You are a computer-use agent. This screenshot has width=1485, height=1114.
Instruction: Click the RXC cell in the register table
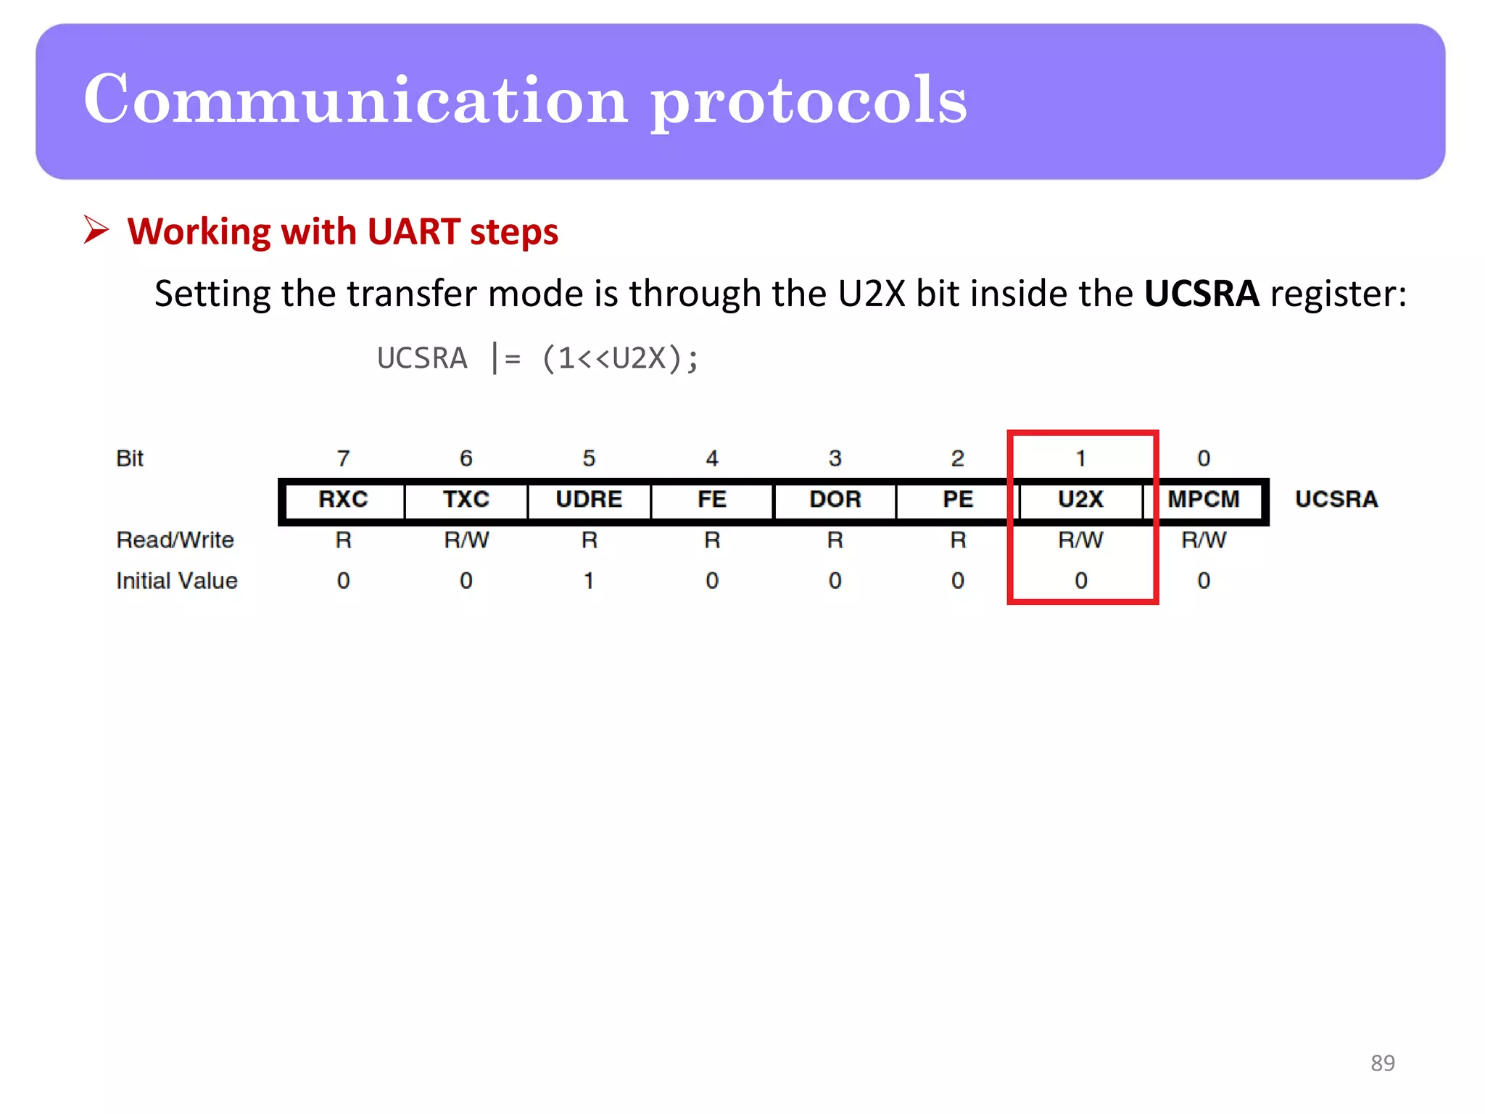[x=344, y=500]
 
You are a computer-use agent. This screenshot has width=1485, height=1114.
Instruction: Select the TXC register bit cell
[x=466, y=500]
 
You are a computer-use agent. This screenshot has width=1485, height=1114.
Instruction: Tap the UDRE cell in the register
[x=589, y=500]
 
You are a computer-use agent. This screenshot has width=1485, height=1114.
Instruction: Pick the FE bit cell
[x=712, y=500]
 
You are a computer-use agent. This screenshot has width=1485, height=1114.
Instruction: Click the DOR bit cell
[x=835, y=500]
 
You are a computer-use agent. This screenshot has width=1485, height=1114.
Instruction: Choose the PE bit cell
[x=958, y=500]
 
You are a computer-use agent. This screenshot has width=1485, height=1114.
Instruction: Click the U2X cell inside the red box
[x=1080, y=500]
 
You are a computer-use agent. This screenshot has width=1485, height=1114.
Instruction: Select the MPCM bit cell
[x=1204, y=500]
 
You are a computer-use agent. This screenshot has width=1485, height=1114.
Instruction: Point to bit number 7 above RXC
[x=344, y=458]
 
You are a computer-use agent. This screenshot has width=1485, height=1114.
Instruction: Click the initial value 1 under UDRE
[x=589, y=581]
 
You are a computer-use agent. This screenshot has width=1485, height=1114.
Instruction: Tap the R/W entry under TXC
[x=466, y=540]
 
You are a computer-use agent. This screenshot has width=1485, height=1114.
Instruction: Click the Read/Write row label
[x=175, y=540]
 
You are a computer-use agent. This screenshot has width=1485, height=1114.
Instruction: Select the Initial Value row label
[x=177, y=581]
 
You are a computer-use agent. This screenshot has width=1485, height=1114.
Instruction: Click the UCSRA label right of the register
[x=1336, y=500]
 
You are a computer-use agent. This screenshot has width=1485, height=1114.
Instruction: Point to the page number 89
[x=1383, y=1063]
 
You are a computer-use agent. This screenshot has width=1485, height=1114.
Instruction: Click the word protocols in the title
[x=808, y=102]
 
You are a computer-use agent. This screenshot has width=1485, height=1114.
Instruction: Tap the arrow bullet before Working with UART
[x=96, y=230]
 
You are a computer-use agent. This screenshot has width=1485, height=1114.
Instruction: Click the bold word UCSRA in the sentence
[x=1201, y=294]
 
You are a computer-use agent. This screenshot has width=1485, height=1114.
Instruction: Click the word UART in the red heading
[x=413, y=232]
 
